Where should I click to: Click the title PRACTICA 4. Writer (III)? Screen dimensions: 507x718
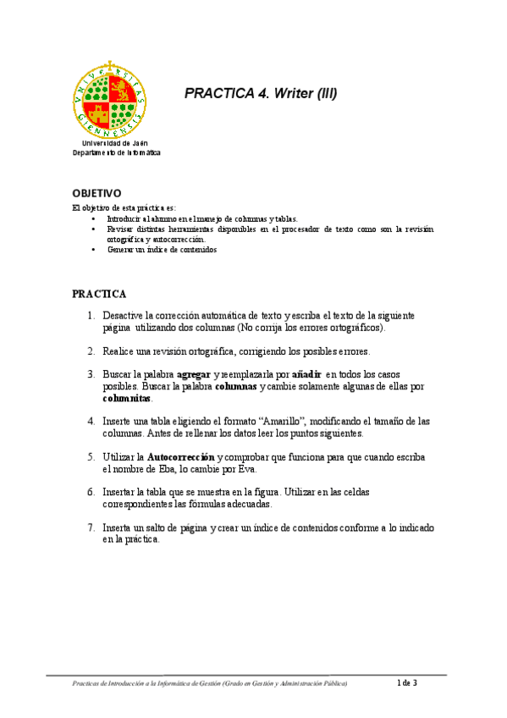[x=261, y=94]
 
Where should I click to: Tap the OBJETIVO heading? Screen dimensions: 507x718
[x=96, y=193]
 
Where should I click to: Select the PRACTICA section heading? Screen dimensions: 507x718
[x=99, y=294]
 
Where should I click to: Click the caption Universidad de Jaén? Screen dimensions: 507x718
[x=114, y=143]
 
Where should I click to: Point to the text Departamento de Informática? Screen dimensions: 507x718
[x=114, y=152]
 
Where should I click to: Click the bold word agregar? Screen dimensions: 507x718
[x=193, y=374]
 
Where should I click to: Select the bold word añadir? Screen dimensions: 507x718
[x=306, y=374]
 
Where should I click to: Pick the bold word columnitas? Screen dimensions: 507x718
[x=127, y=398]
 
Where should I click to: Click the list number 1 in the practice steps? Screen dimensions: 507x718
[x=91, y=315]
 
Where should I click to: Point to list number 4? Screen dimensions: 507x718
[x=91, y=421]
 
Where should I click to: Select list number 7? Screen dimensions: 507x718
[x=91, y=527]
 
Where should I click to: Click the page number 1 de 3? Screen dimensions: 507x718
[x=407, y=682]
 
